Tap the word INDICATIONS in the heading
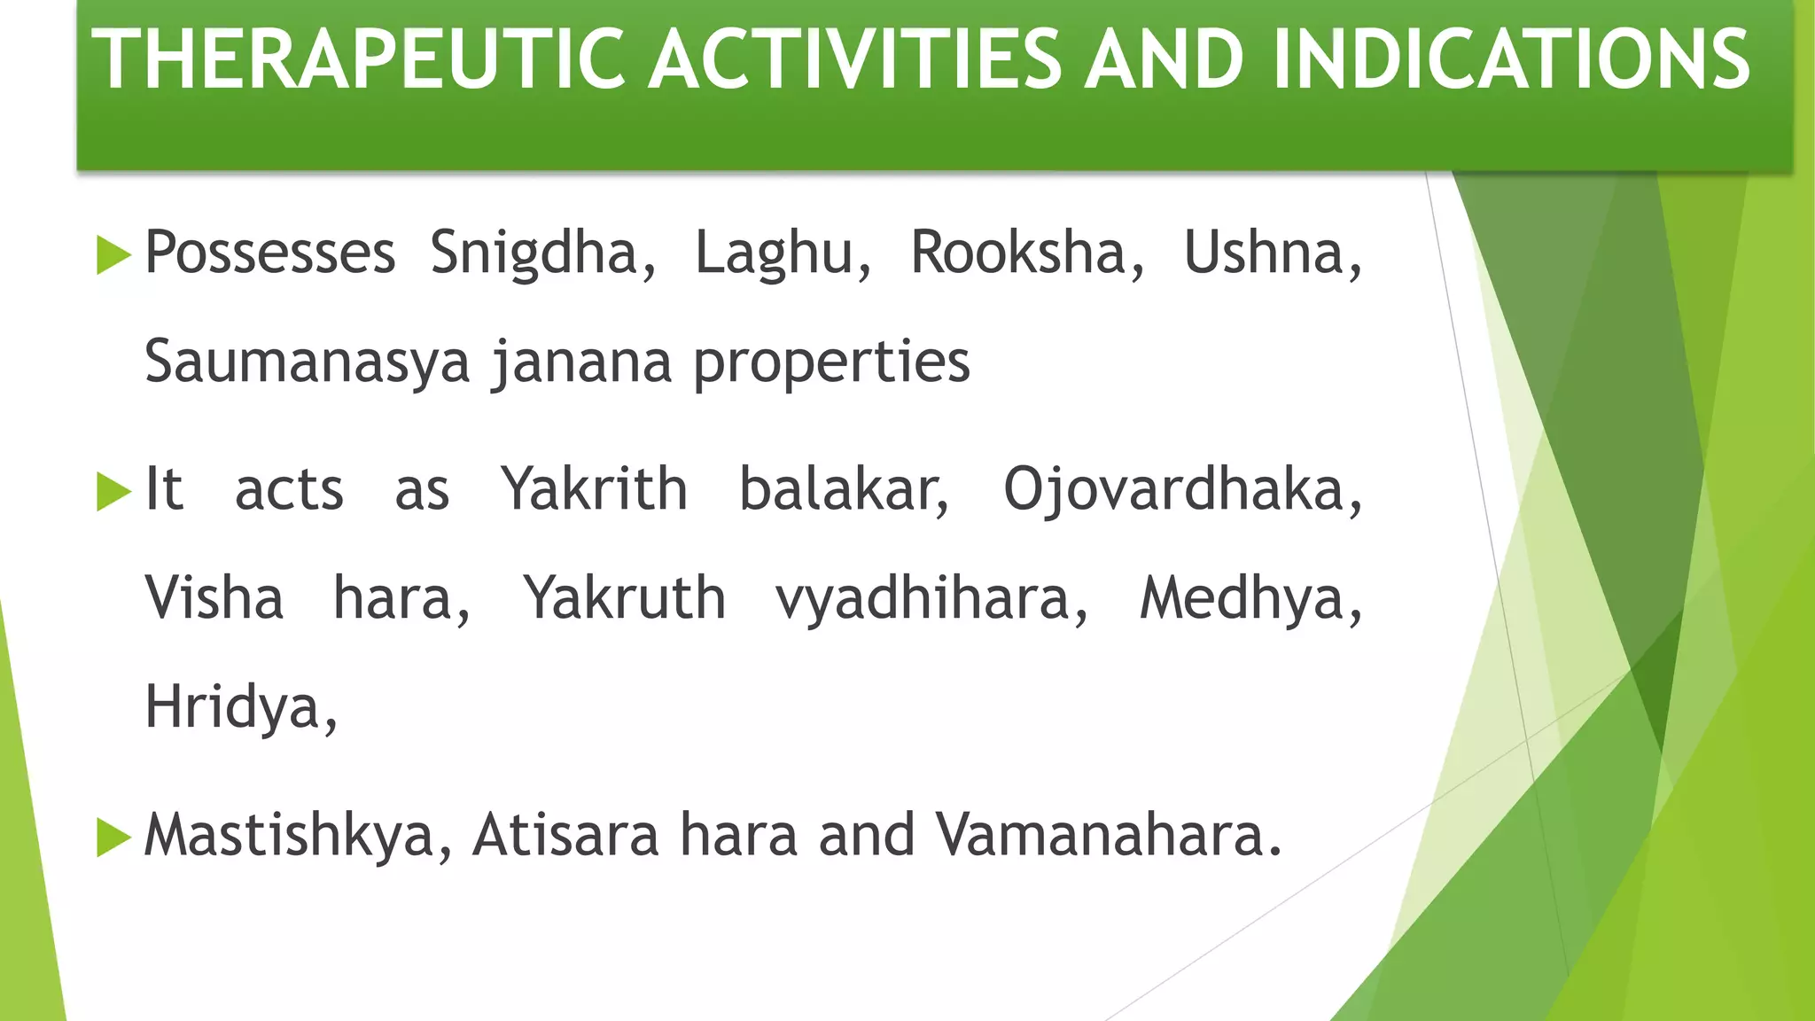(1511, 60)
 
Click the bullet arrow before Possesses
(113, 255)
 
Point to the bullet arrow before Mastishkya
(113, 838)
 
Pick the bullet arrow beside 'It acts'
(113, 492)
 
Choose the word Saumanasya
(307, 362)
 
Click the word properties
(831, 362)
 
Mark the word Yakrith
(594, 489)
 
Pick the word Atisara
(565, 836)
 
